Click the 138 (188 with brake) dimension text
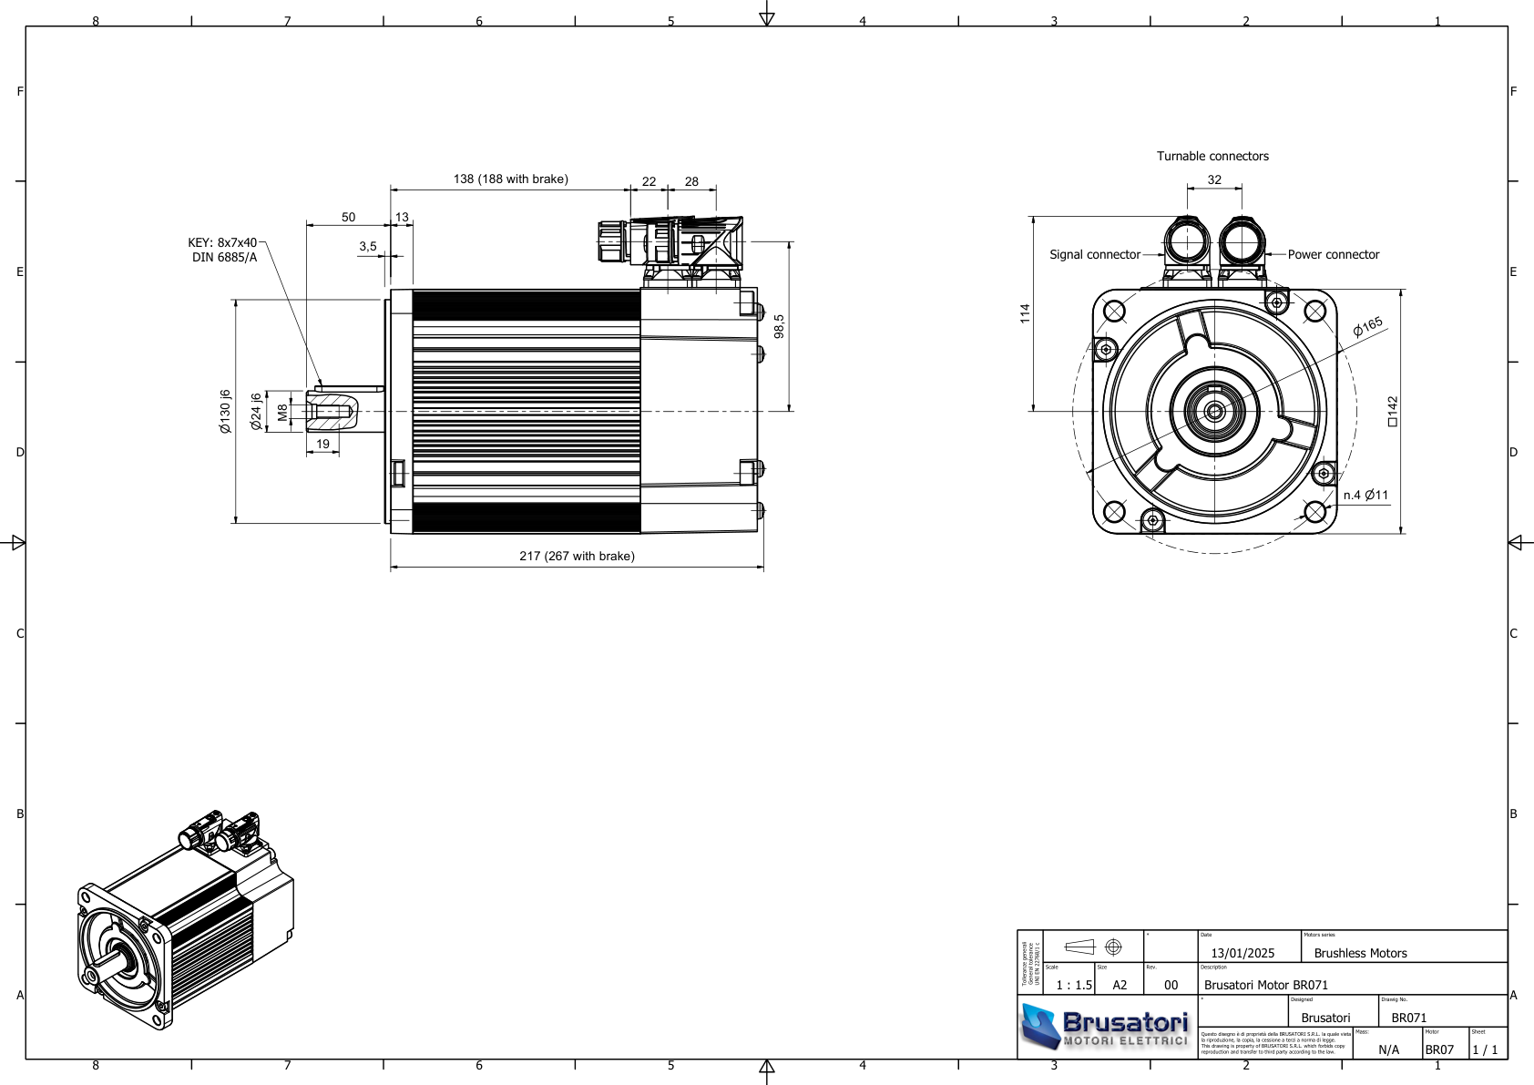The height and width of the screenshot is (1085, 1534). point(510,179)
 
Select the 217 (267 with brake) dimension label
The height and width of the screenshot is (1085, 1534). point(577,557)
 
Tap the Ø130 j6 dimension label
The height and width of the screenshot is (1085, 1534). point(225,411)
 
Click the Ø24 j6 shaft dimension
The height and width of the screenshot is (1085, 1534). point(256,411)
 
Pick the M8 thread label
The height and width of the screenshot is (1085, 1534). point(282,412)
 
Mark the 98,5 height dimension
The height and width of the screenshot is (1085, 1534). point(779,326)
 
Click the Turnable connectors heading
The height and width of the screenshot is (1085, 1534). point(1212,157)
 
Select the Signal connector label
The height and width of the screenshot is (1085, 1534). point(1094,255)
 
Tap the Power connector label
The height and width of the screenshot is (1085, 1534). point(1333,255)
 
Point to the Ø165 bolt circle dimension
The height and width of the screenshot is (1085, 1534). point(1367,327)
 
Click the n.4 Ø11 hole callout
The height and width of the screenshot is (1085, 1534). point(1365,496)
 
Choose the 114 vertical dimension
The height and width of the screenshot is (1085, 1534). point(1025,313)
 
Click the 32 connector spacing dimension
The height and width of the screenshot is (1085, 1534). point(1214,180)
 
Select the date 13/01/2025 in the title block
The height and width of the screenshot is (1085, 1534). point(1243,954)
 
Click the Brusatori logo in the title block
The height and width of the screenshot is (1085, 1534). point(1106,1027)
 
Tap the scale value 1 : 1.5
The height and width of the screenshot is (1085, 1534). point(1073,986)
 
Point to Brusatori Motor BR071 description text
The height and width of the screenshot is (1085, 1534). point(1266,986)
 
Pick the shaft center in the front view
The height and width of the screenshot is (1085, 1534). point(1214,412)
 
